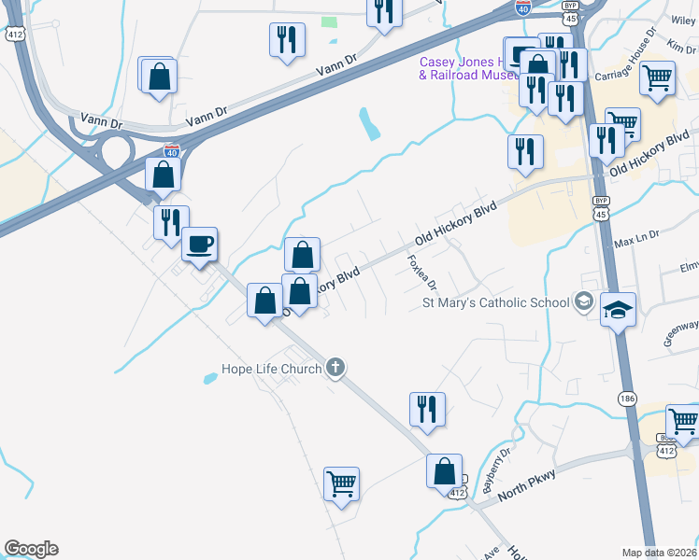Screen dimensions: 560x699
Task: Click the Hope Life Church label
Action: pyautogui.click(x=272, y=369)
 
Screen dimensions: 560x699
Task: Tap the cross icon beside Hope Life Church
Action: pyautogui.click(x=336, y=369)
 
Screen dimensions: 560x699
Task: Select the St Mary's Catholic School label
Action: pyautogui.click(x=496, y=302)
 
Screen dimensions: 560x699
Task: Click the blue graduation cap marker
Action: pyautogui.click(x=618, y=310)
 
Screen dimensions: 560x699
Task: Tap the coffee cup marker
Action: pyautogui.click(x=199, y=245)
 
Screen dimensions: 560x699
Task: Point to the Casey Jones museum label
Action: pyautogui.click(x=467, y=68)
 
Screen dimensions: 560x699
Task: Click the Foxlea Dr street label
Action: pyautogui.click(x=417, y=273)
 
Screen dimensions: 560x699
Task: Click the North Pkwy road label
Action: pyautogui.click(x=528, y=486)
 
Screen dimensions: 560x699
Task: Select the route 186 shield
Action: pyautogui.click(x=625, y=399)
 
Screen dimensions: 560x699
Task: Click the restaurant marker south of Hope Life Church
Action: pyautogui.click(x=427, y=408)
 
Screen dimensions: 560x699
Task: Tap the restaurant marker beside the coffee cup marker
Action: pyautogui.click(x=171, y=222)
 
